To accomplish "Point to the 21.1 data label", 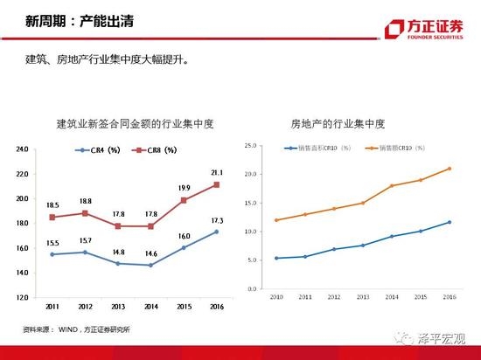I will [216, 172].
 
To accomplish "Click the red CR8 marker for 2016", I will [216, 185].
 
